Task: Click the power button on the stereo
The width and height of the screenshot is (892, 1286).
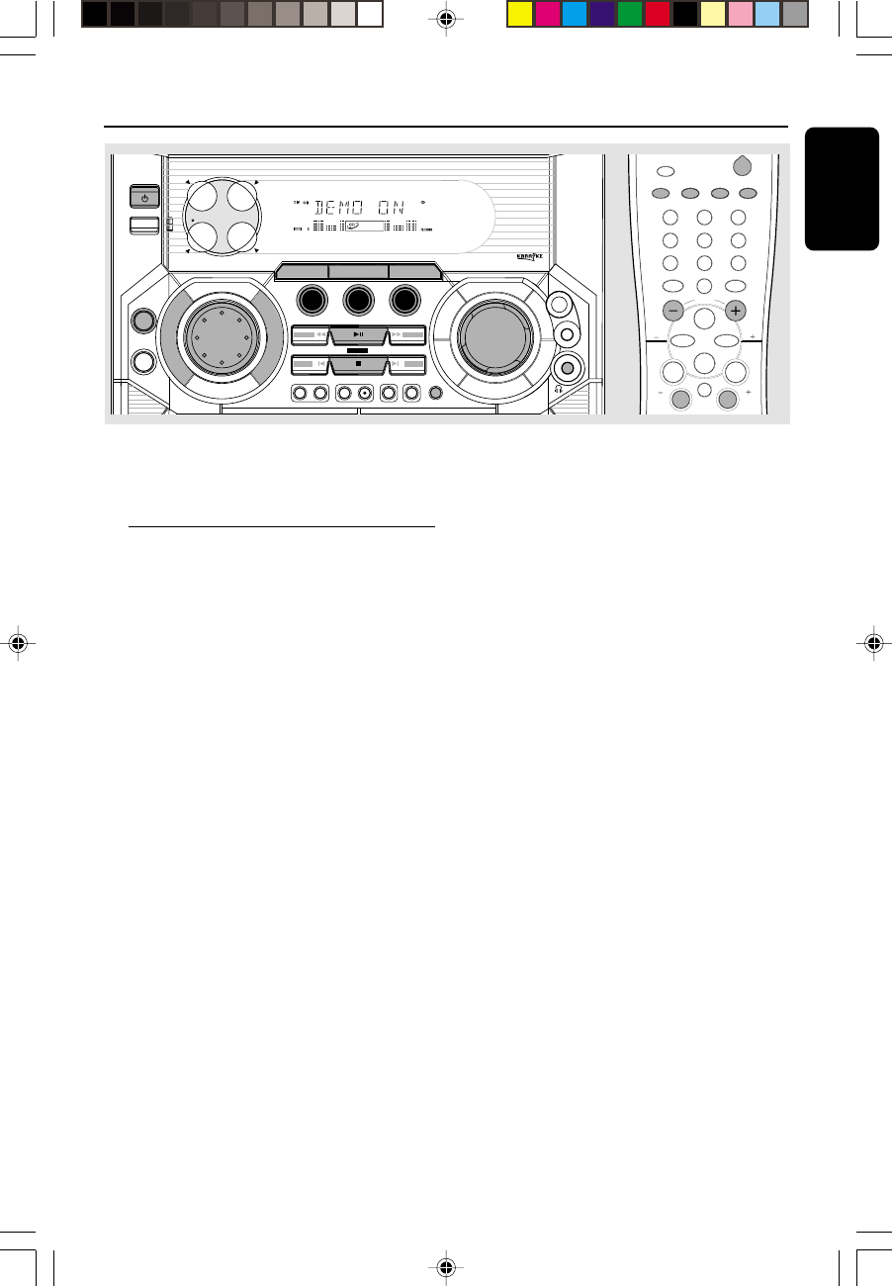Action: (x=144, y=198)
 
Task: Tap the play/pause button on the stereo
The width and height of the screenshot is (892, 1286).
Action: (x=358, y=335)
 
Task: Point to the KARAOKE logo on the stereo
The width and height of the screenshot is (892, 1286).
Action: (x=529, y=256)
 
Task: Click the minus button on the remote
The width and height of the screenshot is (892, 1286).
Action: (x=672, y=310)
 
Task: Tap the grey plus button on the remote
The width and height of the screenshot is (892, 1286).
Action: (x=735, y=310)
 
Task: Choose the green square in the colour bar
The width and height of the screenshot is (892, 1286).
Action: (x=630, y=14)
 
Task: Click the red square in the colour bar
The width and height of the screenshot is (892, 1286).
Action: (x=658, y=14)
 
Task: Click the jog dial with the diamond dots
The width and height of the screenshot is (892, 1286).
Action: (x=223, y=335)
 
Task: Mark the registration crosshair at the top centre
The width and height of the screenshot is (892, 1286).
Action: (x=446, y=18)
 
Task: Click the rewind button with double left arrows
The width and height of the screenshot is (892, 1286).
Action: (x=311, y=335)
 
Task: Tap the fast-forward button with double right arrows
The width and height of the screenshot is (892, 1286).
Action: (x=406, y=335)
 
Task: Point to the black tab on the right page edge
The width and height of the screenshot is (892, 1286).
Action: (x=843, y=188)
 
